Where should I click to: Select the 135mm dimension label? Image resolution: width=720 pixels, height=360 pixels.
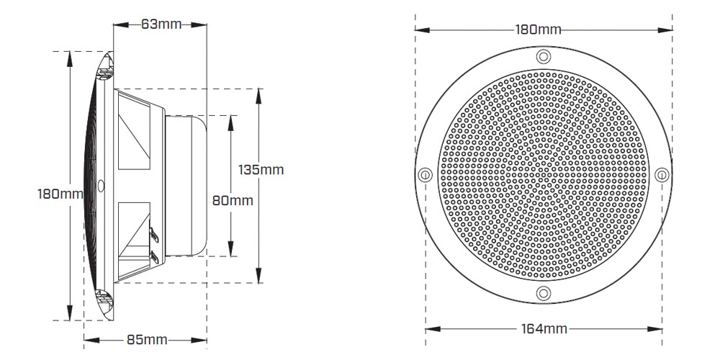point(261,170)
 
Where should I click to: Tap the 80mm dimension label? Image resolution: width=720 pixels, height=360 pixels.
point(233,201)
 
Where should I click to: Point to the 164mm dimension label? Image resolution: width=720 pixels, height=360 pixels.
point(544,329)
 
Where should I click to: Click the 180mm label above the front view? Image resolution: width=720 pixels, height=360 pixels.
point(538,30)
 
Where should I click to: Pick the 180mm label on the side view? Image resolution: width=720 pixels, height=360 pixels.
point(60,194)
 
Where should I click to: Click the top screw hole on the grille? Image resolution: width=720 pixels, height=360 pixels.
point(543,56)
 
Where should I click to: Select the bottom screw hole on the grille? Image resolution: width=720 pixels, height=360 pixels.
point(543,292)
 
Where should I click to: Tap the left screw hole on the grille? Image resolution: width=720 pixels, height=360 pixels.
point(426,174)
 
